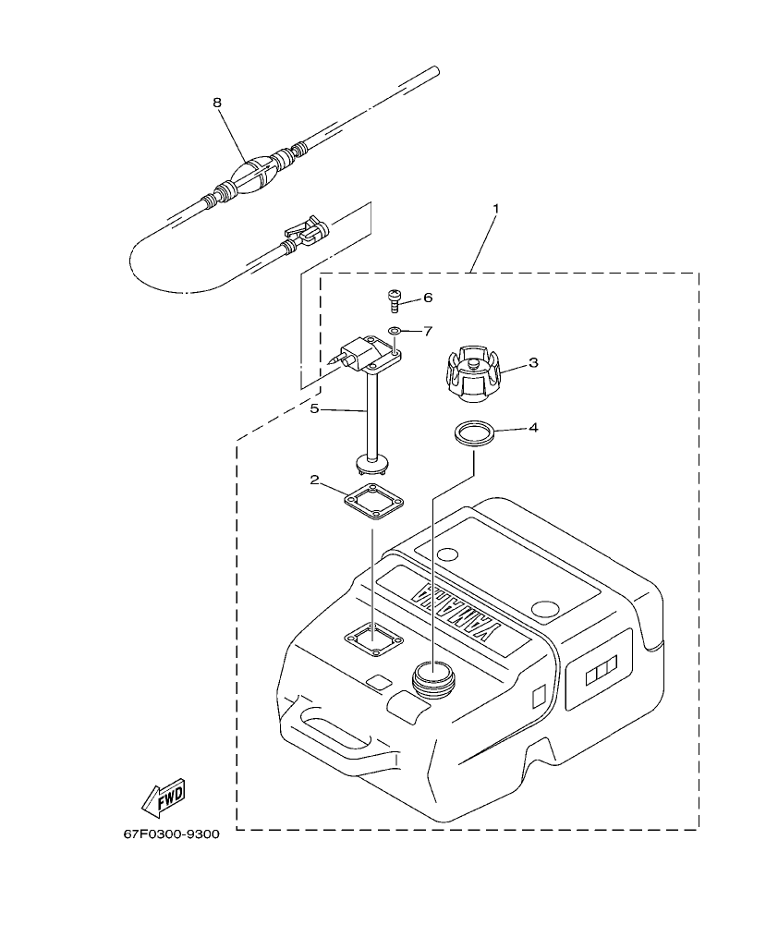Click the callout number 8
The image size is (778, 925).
[x=217, y=103]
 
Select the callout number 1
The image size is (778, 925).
[x=495, y=209]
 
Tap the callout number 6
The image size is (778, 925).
[x=427, y=298]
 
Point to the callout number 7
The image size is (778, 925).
[x=427, y=330]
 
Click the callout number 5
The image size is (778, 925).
[x=315, y=408]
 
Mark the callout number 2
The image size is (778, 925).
[x=315, y=480]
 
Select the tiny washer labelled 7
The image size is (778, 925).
[x=395, y=330]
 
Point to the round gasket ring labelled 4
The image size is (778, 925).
[x=474, y=434]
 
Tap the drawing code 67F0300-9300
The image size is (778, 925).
[x=171, y=834]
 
